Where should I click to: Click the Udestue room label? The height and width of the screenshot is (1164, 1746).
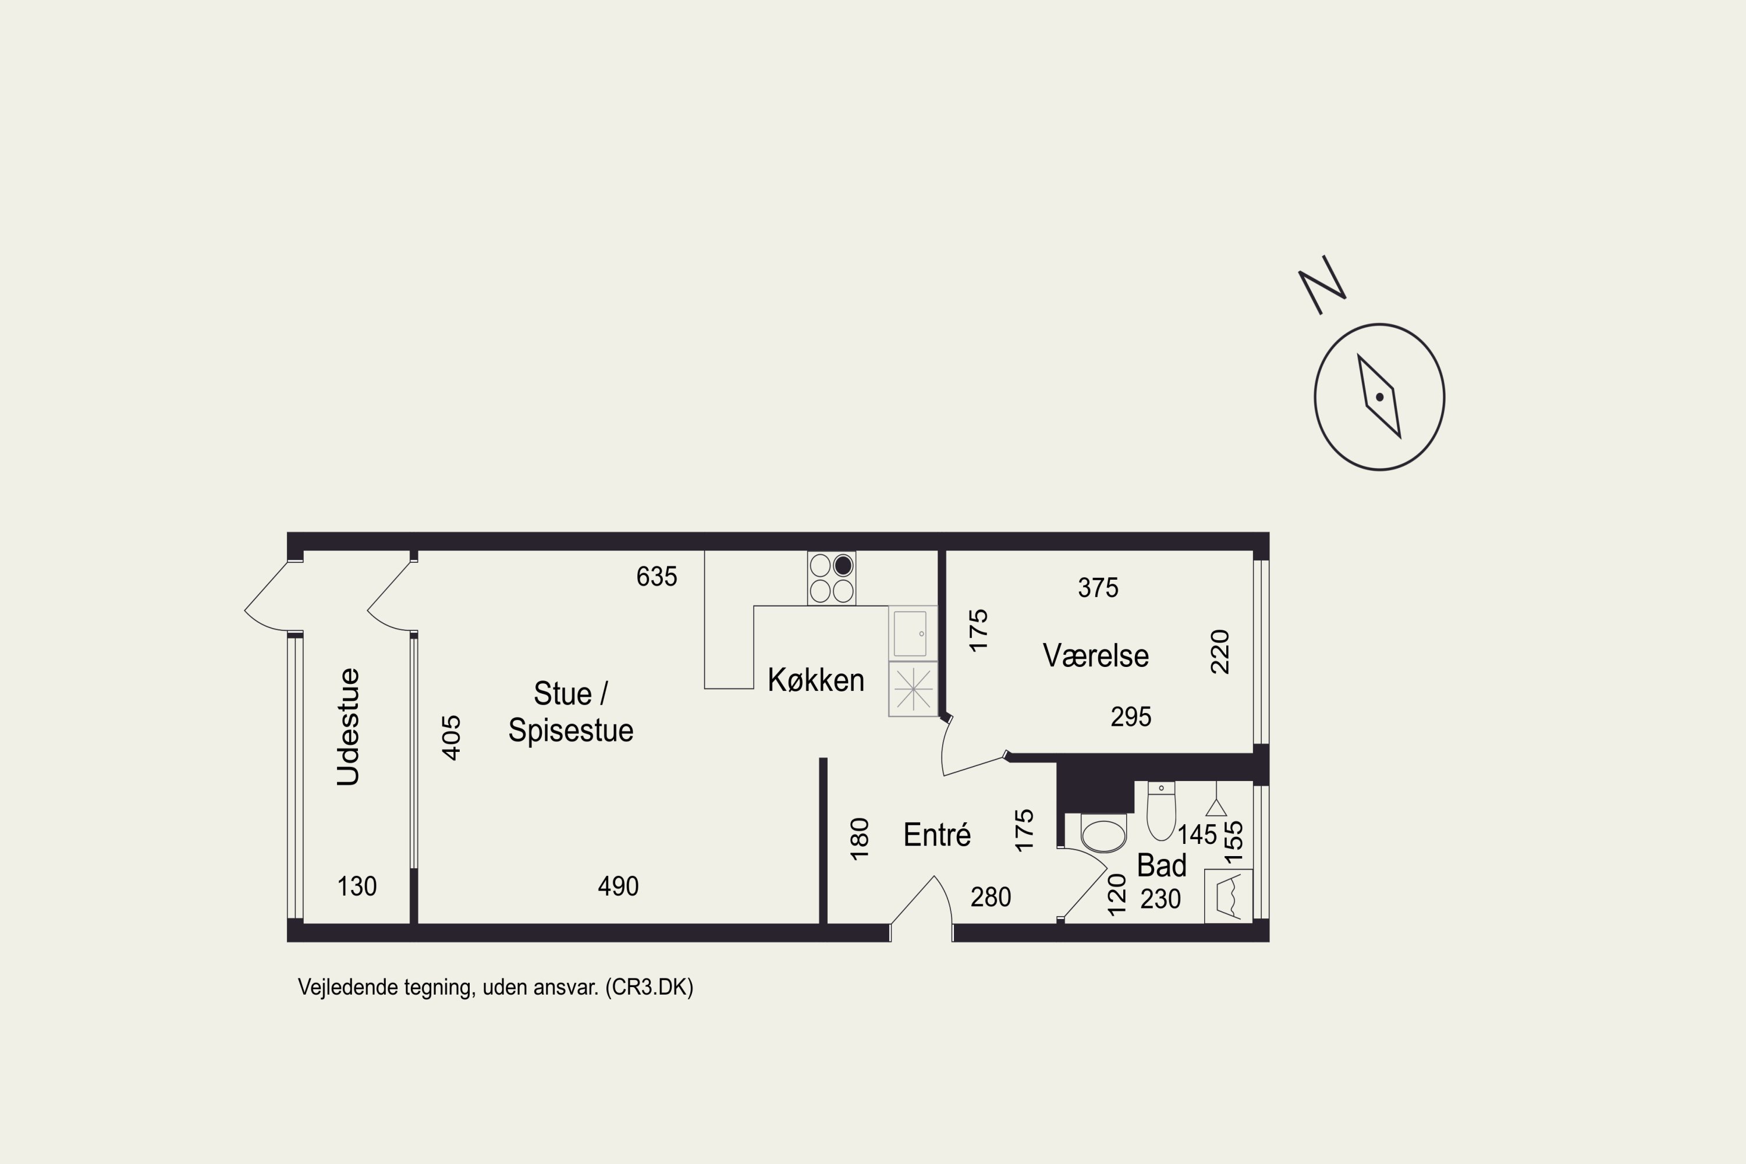(348, 727)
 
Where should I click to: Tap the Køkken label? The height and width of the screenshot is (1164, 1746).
(816, 680)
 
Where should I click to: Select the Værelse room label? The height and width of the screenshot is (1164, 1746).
(1096, 655)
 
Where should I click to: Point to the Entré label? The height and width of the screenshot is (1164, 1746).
(937, 835)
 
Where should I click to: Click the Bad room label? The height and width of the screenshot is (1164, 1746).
(1162, 865)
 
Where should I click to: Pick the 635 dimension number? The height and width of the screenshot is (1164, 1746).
(657, 577)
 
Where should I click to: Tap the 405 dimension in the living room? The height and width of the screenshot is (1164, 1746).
(452, 737)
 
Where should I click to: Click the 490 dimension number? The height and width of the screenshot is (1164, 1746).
(618, 886)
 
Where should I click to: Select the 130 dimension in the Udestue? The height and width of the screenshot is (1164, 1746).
(357, 886)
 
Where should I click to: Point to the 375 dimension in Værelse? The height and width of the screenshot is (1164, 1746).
(1098, 588)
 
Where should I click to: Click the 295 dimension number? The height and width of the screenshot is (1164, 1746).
(1131, 717)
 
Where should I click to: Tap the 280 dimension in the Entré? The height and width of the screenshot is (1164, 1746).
(991, 897)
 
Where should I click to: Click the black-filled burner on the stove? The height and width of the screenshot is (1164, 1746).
(843, 566)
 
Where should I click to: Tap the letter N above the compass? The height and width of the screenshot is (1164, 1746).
(1322, 285)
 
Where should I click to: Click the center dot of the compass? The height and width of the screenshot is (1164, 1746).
(1379, 397)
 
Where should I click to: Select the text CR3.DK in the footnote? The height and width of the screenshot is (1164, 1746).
(650, 987)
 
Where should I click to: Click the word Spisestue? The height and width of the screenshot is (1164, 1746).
(571, 730)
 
